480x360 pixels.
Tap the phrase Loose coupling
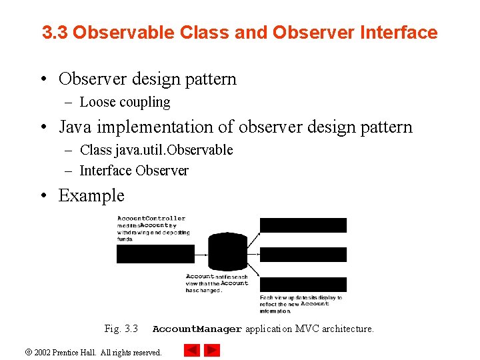click(x=125, y=102)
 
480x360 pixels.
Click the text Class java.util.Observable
click(x=156, y=150)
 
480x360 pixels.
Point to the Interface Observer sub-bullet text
click(x=134, y=171)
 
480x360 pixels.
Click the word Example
click(x=91, y=195)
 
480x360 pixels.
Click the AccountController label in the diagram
click(x=151, y=219)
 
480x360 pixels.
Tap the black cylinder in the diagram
click(x=227, y=251)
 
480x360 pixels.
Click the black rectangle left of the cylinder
click(x=155, y=253)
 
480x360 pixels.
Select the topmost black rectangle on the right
click(x=303, y=225)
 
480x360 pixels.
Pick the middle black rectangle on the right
click(x=303, y=255)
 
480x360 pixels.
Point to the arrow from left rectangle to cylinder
click(x=201, y=253)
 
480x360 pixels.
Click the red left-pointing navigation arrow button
click(x=191, y=350)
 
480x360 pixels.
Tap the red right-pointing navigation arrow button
click(x=212, y=350)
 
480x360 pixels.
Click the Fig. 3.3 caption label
click(x=121, y=329)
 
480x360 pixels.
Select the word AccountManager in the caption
click(x=197, y=329)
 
